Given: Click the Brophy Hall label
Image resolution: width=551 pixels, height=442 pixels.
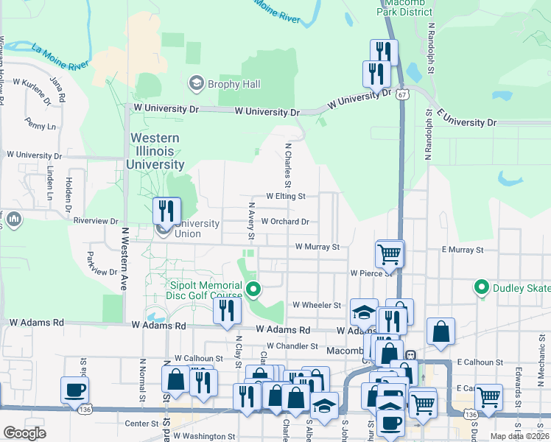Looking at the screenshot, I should [x=234, y=84].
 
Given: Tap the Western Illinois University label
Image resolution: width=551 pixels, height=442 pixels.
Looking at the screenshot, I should [x=155, y=151].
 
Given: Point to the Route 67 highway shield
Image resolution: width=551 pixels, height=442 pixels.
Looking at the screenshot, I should [x=401, y=95].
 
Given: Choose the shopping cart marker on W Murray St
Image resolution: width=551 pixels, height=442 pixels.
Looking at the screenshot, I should [x=389, y=254].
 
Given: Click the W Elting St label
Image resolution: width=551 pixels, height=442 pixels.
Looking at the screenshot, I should [x=286, y=197].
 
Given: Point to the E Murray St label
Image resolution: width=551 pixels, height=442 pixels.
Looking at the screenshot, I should [x=463, y=250].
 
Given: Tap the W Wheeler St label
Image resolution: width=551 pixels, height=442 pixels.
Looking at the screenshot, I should [x=317, y=304].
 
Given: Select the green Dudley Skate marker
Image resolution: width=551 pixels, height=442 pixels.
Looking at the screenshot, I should [x=482, y=287].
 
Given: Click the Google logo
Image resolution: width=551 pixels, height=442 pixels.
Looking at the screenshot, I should [x=24, y=433].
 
